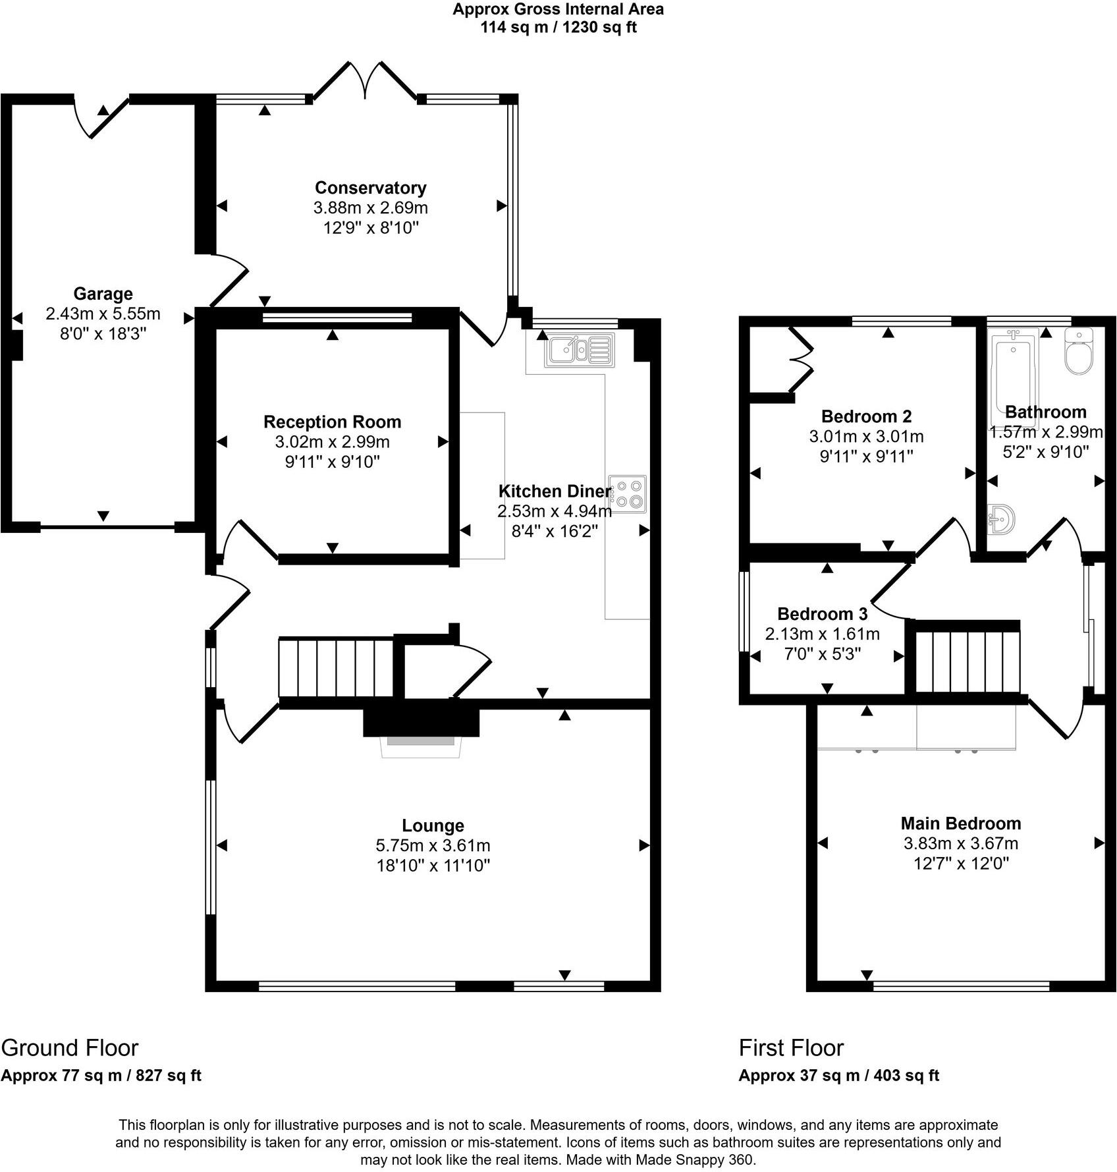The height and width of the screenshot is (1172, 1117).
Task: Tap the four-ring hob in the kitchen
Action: tap(628, 493)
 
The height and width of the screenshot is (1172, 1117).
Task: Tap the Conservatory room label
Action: tap(370, 188)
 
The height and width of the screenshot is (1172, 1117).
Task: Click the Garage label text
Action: tap(103, 294)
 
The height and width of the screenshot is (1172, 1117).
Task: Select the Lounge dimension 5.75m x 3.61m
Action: tap(433, 845)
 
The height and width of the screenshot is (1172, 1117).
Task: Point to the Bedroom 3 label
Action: tap(822, 614)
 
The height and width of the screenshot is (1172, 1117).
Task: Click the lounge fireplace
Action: tap(421, 733)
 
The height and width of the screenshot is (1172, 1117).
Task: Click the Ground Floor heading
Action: tap(70, 1047)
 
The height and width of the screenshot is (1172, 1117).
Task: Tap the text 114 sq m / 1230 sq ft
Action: tap(558, 28)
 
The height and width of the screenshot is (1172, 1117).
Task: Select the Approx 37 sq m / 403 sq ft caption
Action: tap(838, 1076)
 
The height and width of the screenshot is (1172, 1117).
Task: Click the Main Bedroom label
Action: tap(960, 823)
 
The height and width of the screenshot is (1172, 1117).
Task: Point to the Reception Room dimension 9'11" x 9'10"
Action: tap(332, 462)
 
